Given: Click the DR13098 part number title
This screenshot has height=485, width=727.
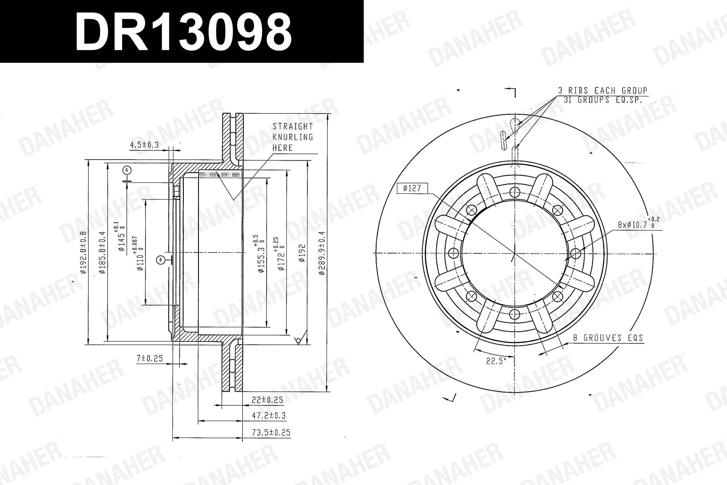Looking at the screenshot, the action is coord(183,31).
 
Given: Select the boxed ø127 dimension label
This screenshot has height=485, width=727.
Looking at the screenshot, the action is coord(412,188).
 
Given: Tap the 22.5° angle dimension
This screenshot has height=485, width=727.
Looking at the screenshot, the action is coord(496,361).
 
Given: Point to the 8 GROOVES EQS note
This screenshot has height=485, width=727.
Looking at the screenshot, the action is coord(608,338).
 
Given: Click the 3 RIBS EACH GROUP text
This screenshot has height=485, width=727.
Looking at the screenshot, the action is coord(603,90).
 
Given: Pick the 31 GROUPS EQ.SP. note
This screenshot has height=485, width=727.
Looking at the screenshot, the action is coord(603,100).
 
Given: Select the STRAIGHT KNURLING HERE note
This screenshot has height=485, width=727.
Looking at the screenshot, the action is coord(293,137).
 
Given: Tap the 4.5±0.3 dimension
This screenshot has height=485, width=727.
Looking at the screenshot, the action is coord(144,145).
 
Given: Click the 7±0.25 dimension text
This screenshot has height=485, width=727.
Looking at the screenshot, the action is coord(149,358).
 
